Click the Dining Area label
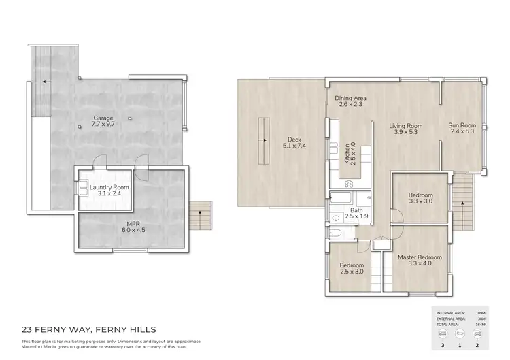tap(351, 101)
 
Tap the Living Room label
tap(406, 129)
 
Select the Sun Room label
tap(462, 129)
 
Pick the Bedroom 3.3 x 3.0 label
tap(420, 198)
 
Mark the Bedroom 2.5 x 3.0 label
tap(352, 268)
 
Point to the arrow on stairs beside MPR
tap(199, 212)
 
